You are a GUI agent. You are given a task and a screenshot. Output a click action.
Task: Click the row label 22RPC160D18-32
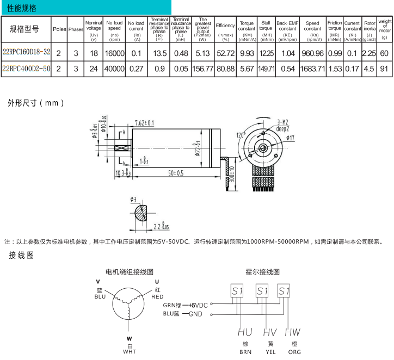point(26,53)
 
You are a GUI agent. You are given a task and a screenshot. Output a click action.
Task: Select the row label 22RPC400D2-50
point(26,69)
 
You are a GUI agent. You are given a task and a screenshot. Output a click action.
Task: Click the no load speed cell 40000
point(114,69)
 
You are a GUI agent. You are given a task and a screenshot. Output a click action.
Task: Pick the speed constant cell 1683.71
point(312,69)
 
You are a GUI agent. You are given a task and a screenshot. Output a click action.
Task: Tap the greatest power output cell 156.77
point(202,69)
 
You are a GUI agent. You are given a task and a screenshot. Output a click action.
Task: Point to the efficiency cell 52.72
point(225,53)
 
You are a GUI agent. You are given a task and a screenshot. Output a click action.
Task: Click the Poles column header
point(59,29)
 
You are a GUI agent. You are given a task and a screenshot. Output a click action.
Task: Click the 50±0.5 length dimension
point(175,173)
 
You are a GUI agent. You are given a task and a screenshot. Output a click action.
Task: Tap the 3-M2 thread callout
point(282,122)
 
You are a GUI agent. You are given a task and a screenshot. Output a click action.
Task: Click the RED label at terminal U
point(157,297)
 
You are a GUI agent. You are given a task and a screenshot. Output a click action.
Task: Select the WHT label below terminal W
point(129,352)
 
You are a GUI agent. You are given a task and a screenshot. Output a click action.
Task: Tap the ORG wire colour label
point(294,352)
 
